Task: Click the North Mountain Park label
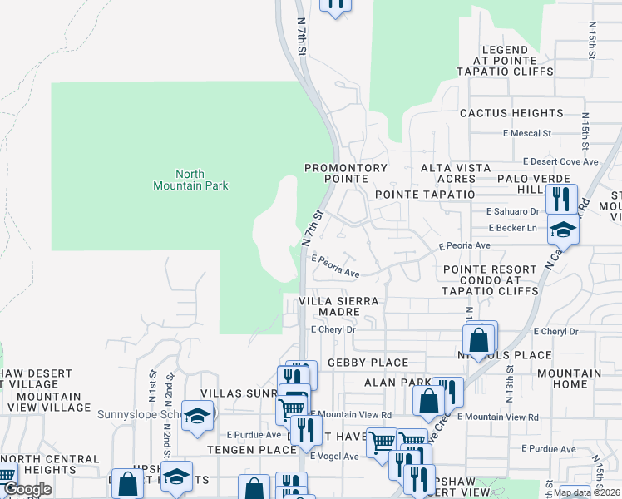pyautogui.click(x=190, y=180)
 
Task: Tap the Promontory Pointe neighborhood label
pyautogui.click(x=346, y=173)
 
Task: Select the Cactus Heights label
pyautogui.click(x=511, y=113)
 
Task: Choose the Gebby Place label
pyautogui.click(x=368, y=363)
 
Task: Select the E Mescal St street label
pyautogui.click(x=527, y=133)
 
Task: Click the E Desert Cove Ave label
pyautogui.click(x=555, y=161)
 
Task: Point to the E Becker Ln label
pyautogui.click(x=514, y=227)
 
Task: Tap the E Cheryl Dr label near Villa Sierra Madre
pyautogui.click(x=333, y=329)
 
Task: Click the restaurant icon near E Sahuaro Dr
pyautogui.click(x=561, y=200)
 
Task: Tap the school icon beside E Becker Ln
pyautogui.click(x=563, y=230)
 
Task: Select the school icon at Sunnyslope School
pyautogui.click(x=198, y=418)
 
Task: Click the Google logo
pyautogui.click(x=27, y=489)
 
